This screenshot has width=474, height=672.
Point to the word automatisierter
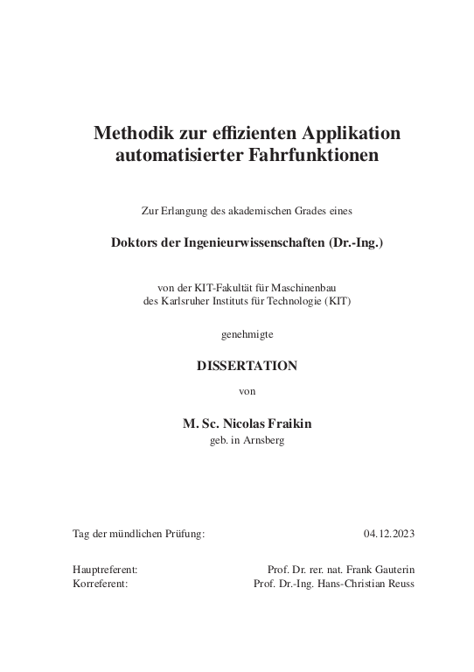point(164,157)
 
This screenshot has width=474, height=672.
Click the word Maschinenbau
point(312,288)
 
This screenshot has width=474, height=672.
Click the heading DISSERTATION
point(247,367)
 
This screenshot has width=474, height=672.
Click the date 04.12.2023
point(388,533)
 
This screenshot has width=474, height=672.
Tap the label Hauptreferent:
point(105,570)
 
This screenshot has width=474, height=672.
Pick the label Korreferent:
point(101,583)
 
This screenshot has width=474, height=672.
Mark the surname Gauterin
point(392,570)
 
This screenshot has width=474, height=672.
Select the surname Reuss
point(401,583)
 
